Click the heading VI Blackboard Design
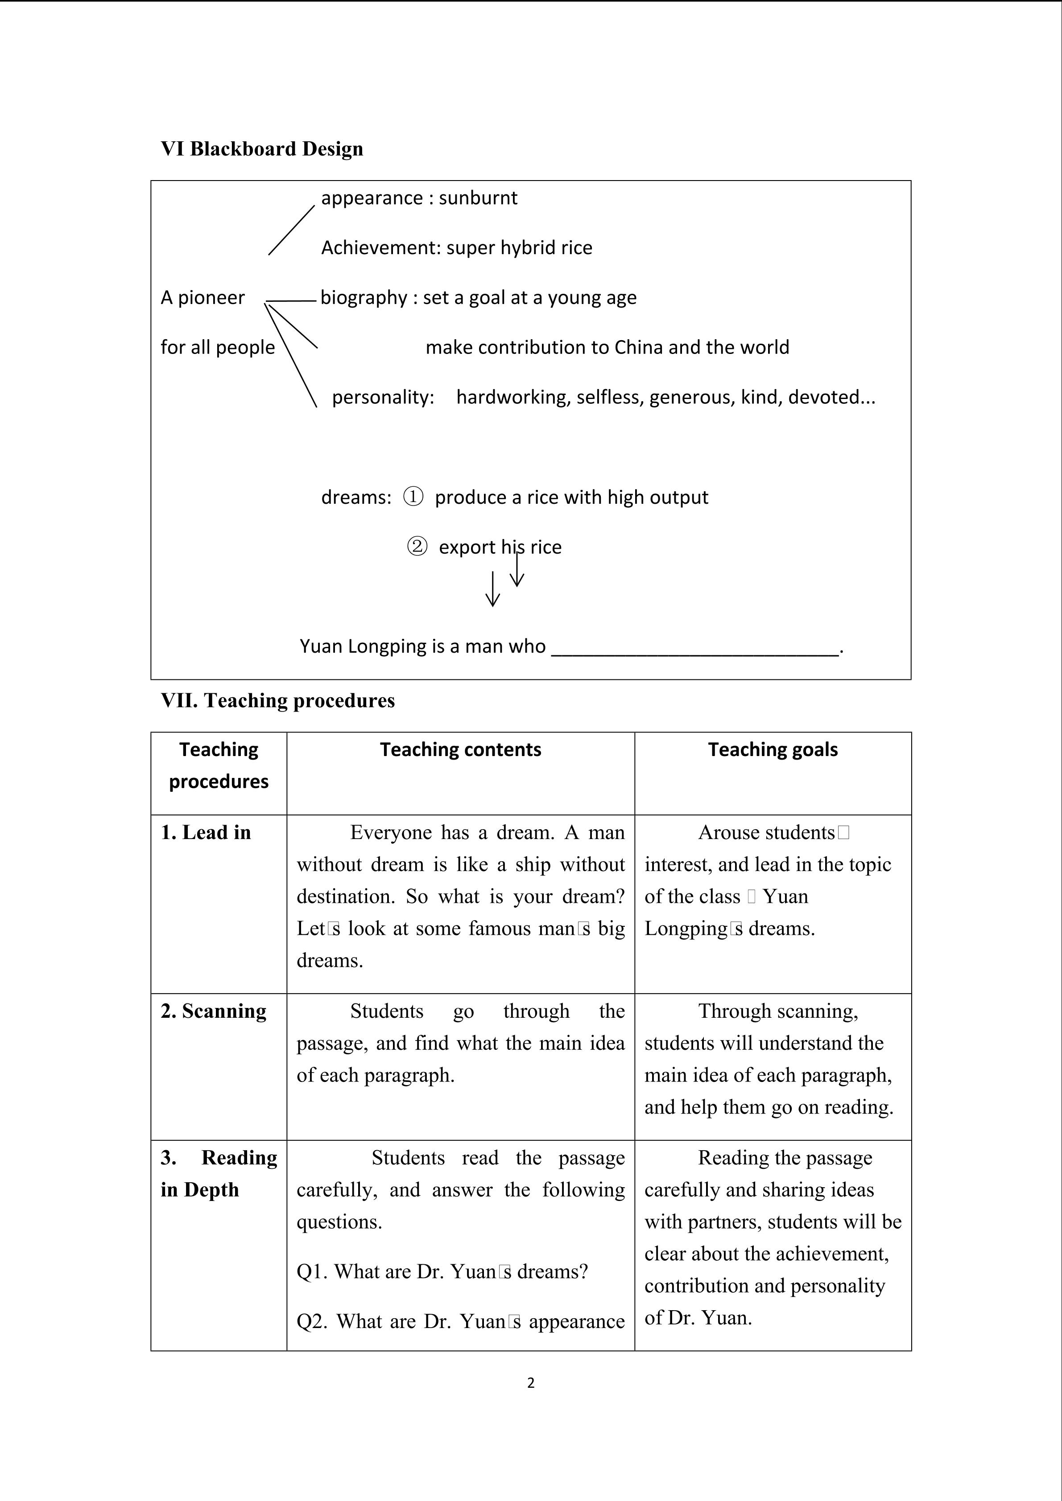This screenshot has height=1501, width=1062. coord(261,149)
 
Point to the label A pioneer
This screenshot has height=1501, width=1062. coord(203,298)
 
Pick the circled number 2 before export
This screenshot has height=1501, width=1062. coord(417,547)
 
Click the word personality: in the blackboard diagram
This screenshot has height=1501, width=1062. coord(383,398)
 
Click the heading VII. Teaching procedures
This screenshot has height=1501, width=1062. coord(278,701)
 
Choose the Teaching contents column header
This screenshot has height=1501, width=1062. coord(460,750)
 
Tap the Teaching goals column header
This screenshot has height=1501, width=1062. coord(773,750)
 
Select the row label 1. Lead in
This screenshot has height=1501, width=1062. coord(206,833)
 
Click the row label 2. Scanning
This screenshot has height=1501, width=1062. coord(214,1012)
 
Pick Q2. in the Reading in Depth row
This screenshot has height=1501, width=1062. coord(313,1321)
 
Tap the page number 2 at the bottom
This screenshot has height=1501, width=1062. coord(530,1383)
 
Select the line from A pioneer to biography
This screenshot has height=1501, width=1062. coord(291,301)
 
